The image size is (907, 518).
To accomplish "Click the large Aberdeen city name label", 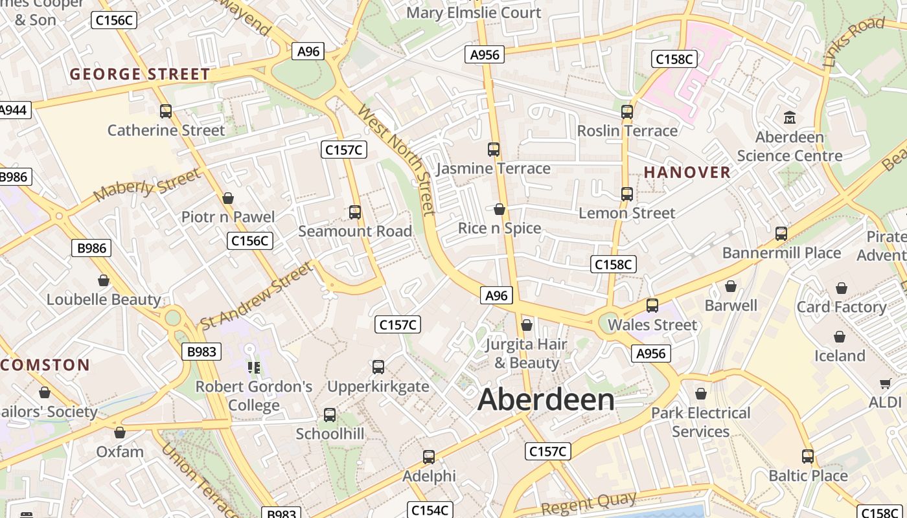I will [x=545, y=400].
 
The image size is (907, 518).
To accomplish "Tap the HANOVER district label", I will [x=687, y=172].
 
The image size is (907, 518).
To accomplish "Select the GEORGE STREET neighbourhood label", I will [x=140, y=74].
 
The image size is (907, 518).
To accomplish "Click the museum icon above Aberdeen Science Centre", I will [x=789, y=118].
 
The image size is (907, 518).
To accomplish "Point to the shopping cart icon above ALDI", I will [x=885, y=383].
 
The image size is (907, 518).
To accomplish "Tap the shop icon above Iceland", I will [x=840, y=337].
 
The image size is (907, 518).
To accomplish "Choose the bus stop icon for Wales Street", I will [x=652, y=306].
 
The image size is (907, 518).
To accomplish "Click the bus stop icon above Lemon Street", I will [x=626, y=194].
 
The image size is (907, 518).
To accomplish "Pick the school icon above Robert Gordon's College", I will [x=254, y=368].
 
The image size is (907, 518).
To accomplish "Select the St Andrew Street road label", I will [x=256, y=295].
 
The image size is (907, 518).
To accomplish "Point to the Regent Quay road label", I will [x=588, y=503].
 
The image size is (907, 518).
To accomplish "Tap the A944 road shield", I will [x=13, y=110].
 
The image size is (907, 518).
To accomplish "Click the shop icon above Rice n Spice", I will [x=499, y=209].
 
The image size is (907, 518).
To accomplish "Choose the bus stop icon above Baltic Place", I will [x=807, y=456].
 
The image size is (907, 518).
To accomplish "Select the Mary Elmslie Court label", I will [x=474, y=12].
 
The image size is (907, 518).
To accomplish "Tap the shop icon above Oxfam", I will [x=120, y=433].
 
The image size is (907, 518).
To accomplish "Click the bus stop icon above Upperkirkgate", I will [x=378, y=367].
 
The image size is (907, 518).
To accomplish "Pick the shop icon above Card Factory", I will [x=841, y=288].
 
